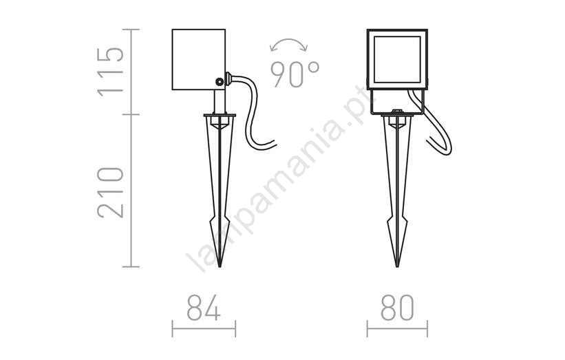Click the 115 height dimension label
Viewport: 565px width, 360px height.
pyautogui.click(x=111, y=72)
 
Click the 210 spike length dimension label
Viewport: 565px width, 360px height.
pyautogui.click(x=111, y=193)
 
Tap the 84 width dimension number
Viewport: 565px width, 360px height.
pyautogui.click(x=204, y=308)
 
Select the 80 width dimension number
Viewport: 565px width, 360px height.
pyautogui.click(x=397, y=308)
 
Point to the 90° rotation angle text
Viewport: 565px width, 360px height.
pyautogui.click(x=295, y=74)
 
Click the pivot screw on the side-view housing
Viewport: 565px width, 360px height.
pyautogui.click(x=219, y=82)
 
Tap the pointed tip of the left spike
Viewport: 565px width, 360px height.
pyautogui.click(x=220, y=266)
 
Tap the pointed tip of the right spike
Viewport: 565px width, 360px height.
pyautogui.click(x=397, y=266)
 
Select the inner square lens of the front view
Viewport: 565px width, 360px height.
pyautogui.click(x=397, y=59)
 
